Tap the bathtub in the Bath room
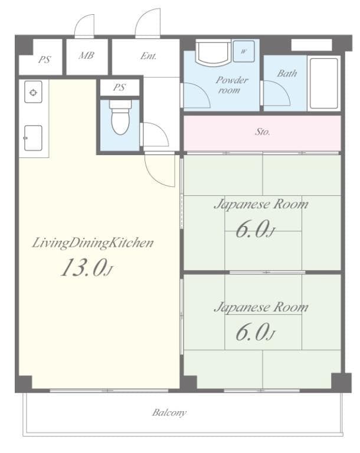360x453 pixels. pyautogui.click(x=323, y=83)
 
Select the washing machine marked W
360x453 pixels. pyautogui.click(x=244, y=51)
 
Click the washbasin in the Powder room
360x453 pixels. pyautogui.click(x=212, y=54)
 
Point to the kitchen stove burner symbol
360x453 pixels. pyautogui.click(x=34, y=93)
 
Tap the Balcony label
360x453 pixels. pyautogui.click(x=169, y=412)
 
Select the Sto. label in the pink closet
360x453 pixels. pyautogui.click(x=263, y=132)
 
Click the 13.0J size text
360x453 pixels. pyautogui.click(x=86, y=268)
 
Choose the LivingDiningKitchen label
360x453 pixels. pyautogui.click(x=93, y=242)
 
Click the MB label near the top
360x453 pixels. pyautogui.click(x=86, y=55)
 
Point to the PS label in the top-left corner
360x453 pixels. pyautogui.click(x=44, y=60)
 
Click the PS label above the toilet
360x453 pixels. pyautogui.click(x=119, y=87)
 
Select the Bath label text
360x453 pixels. pyautogui.click(x=287, y=74)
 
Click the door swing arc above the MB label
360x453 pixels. pyautogui.click(x=84, y=26)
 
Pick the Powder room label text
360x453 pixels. pyautogui.click(x=230, y=85)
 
